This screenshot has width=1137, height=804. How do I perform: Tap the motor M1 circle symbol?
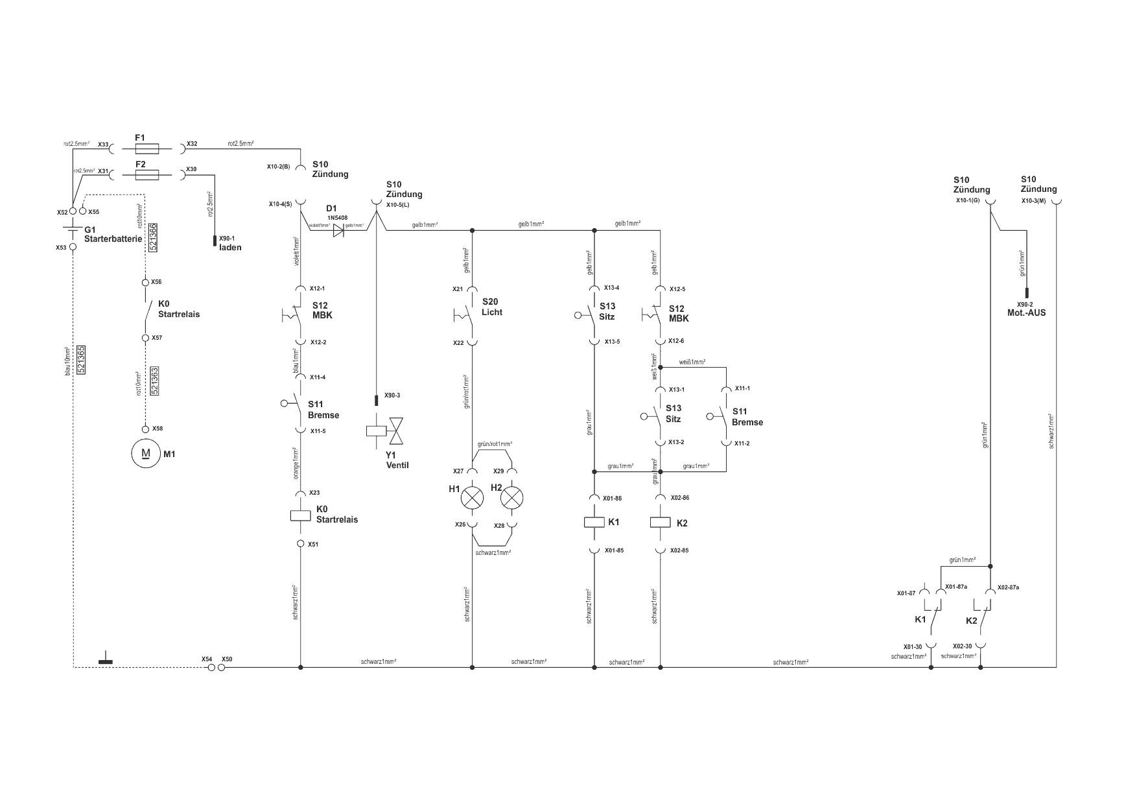coord(146,453)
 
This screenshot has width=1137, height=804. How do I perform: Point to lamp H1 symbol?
coord(472,498)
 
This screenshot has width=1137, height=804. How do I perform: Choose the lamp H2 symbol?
coord(512,498)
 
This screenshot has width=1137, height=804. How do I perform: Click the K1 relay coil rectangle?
coord(594,523)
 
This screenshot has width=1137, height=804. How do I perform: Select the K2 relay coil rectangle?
coord(660,523)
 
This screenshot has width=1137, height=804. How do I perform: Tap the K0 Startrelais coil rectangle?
coord(300,515)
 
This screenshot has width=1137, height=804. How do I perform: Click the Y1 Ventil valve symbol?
coord(386,431)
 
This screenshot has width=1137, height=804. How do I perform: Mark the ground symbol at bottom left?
coord(105,661)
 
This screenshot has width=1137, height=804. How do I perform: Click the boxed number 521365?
coord(81,359)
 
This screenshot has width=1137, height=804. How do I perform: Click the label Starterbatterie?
coord(113,239)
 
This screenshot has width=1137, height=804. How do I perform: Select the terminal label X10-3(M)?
coord(1034,201)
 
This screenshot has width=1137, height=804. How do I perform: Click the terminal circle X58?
coord(146,429)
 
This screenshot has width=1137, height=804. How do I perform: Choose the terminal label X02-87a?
coord(1009,587)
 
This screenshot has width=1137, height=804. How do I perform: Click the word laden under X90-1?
coord(230,248)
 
